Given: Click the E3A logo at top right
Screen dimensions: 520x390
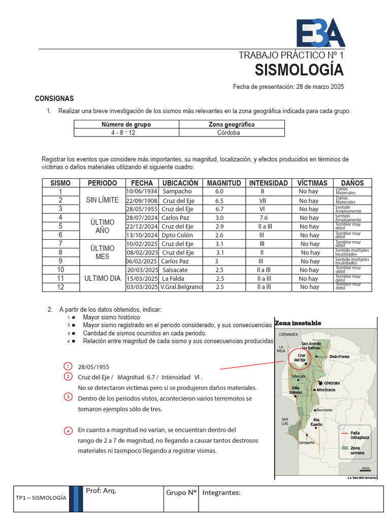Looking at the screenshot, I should [x=320, y=33].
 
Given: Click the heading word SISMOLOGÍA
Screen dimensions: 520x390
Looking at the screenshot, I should [x=299, y=69].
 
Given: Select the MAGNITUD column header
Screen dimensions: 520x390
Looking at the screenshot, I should [x=224, y=183].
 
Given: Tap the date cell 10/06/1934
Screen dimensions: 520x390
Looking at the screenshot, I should [x=142, y=191].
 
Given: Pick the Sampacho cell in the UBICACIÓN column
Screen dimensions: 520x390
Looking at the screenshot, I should [x=177, y=191].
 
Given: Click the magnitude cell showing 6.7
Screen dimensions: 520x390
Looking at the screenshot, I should [x=219, y=209].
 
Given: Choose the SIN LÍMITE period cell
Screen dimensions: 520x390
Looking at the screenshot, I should [x=102, y=200].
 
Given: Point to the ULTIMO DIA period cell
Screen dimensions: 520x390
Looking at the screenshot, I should [x=102, y=278].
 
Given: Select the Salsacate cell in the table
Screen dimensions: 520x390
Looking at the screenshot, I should [x=175, y=270].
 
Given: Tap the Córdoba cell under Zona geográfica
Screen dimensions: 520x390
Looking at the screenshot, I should [x=232, y=133].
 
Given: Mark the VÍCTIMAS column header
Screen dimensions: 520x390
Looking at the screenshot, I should [x=312, y=183].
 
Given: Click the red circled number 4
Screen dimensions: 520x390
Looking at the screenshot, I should [x=69, y=431].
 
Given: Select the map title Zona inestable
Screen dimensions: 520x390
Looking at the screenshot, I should [x=298, y=323].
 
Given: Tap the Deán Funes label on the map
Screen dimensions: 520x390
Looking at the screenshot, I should [x=340, y=356].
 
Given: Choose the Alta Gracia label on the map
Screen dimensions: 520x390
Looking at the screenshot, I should [x=326, y=389].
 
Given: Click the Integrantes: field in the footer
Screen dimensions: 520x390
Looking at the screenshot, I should [x=221, y=492].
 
